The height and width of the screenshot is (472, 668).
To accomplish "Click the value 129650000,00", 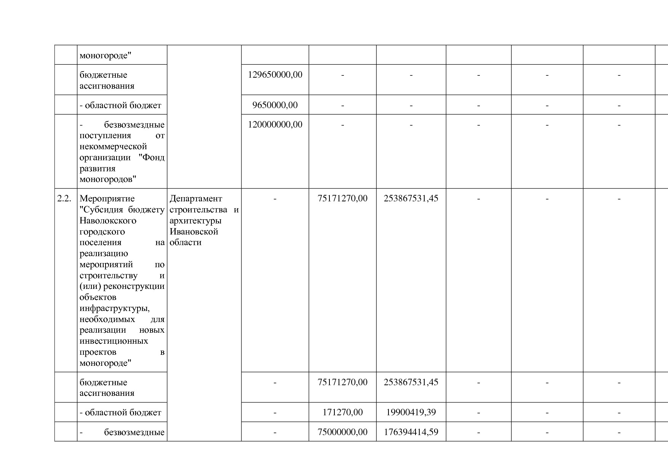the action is coord(275,75).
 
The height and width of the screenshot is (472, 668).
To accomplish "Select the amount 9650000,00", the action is coord(275,105).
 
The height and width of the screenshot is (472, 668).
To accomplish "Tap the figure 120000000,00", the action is coord(275,124).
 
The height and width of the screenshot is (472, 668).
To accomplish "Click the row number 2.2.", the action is coord(64,199).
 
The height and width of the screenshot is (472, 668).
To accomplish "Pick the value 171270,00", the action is coord(342,412).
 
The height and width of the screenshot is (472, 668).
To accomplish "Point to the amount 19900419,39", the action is coord(411,412).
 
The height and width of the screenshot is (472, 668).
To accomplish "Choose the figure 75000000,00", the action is coord(342,432).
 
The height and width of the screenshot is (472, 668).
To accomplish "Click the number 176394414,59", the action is coord(411,432).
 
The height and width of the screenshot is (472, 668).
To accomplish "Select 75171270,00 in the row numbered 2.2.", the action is coord(342,198).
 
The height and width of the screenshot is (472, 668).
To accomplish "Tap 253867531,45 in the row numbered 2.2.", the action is coord(411,198).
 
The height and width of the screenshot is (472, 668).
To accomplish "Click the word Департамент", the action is coord(196,199).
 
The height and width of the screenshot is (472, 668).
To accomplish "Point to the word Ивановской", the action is coord(194,232).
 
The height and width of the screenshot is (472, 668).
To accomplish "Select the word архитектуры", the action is coord(195,221).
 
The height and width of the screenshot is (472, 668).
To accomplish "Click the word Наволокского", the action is coord(108,221).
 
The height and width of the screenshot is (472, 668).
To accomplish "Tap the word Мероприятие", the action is coord(107,199).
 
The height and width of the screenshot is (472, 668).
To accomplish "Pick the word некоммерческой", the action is coord(113,147).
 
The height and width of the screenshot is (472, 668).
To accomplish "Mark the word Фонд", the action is coord(153,158).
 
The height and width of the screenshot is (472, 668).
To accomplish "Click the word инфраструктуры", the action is coord(114,308).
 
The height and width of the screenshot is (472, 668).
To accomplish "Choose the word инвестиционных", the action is coord(114,341).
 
